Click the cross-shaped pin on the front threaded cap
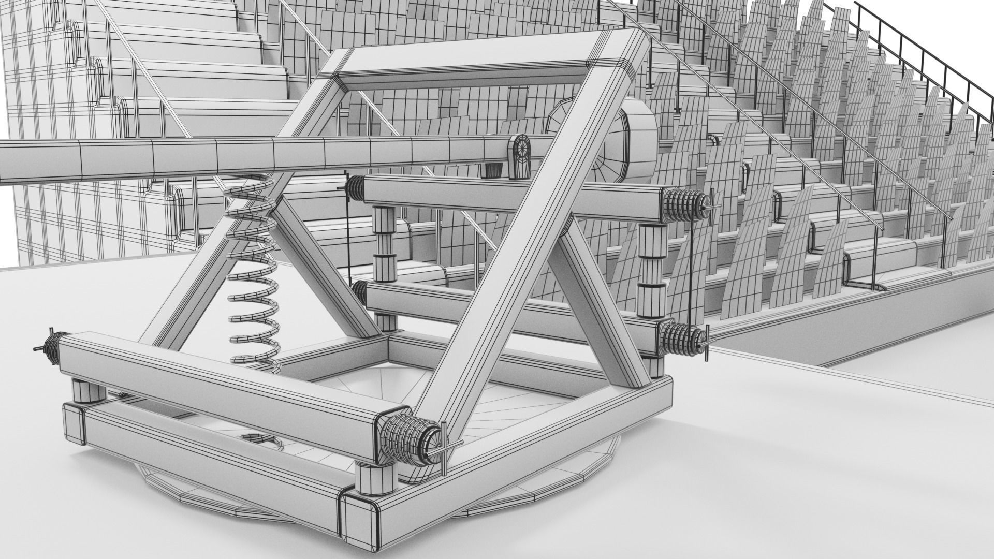[444, 446]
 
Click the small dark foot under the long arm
[493, 169]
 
